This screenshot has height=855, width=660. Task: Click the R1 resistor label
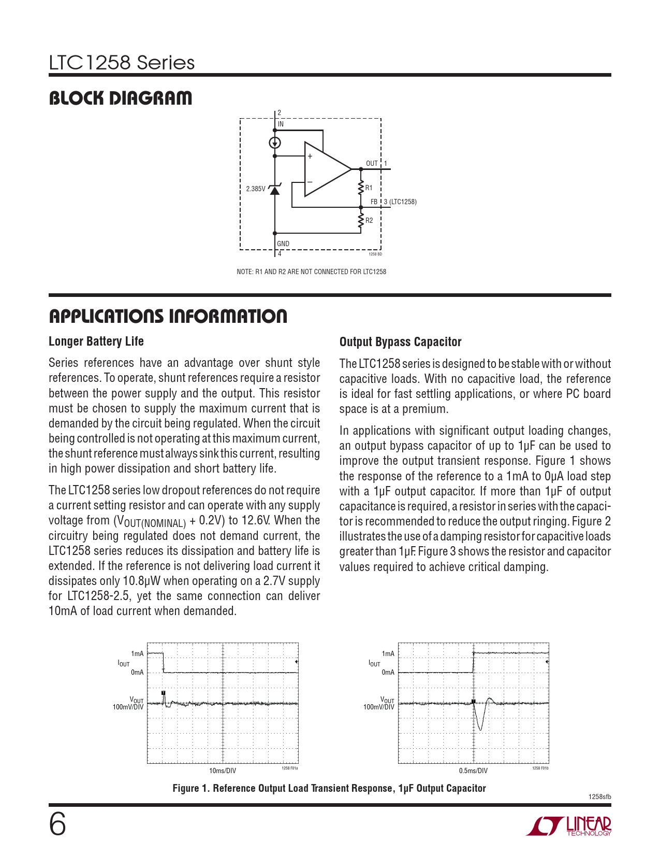(x=369, y=188)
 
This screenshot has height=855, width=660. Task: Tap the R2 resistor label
(x=369, y=221)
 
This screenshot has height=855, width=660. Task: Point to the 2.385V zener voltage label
(x=255, y=189)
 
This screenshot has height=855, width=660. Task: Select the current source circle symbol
(x=275, y=143)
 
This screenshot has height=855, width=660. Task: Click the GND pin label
(x=283, y=244)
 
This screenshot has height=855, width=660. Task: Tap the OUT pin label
(x=372, y=164)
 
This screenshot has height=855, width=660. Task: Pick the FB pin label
(x=374, y=202)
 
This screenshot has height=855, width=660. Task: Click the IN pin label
(x=281, y=124)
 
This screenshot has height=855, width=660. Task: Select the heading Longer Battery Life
(x=96, y=341)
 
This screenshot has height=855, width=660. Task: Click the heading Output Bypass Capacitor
(x=400, y=342)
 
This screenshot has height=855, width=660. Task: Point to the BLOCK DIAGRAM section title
(x=120, y=98)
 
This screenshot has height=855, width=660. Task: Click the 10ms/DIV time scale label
(x=223, y=771)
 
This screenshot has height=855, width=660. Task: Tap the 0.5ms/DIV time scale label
(x=473, y=771)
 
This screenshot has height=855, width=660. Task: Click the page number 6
(x=57, y=824)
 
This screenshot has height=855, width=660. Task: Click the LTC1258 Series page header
(x=122, y=63)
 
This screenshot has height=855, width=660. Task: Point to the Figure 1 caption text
(x=329, y=789)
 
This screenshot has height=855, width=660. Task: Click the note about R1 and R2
(x=311, y=272)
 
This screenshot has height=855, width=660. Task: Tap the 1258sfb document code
(x=599, y=797)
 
